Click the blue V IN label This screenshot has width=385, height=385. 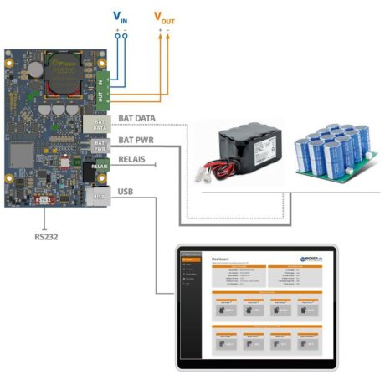121,16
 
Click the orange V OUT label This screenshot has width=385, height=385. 165,16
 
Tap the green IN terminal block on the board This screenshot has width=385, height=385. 102,81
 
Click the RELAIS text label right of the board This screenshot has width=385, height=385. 133,160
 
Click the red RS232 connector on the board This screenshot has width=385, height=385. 42,200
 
